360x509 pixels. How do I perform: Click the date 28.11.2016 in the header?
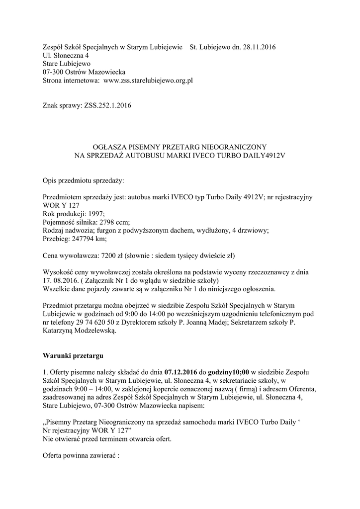click(259, 48)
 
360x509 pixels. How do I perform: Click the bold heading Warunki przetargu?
click(74, 356)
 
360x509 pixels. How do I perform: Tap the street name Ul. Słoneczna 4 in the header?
click(66, 56)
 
